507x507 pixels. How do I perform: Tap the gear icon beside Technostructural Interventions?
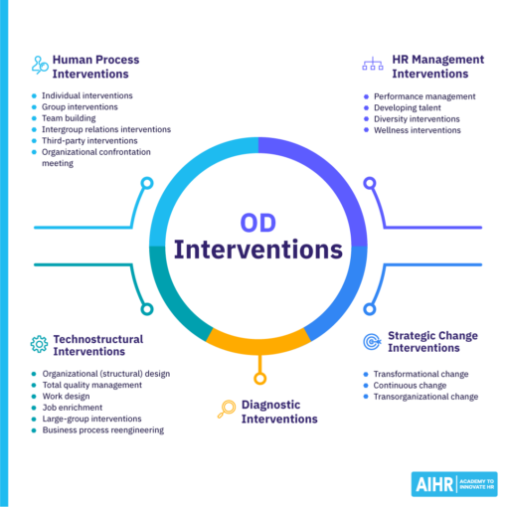coord(39,344)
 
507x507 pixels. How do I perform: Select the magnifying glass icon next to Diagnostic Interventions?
coord(226,407)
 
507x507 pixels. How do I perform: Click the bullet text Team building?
coord(70,118)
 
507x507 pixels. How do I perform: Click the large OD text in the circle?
coord(258,223)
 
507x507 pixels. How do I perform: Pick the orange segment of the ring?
coord(257,341)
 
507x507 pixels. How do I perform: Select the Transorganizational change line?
coord(425,397)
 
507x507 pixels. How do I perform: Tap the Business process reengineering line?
coord(103,430)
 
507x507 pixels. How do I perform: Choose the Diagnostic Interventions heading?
coord(280,412)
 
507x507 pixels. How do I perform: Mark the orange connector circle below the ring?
coord(259,378)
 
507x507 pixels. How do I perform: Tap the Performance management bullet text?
coord(425,96)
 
